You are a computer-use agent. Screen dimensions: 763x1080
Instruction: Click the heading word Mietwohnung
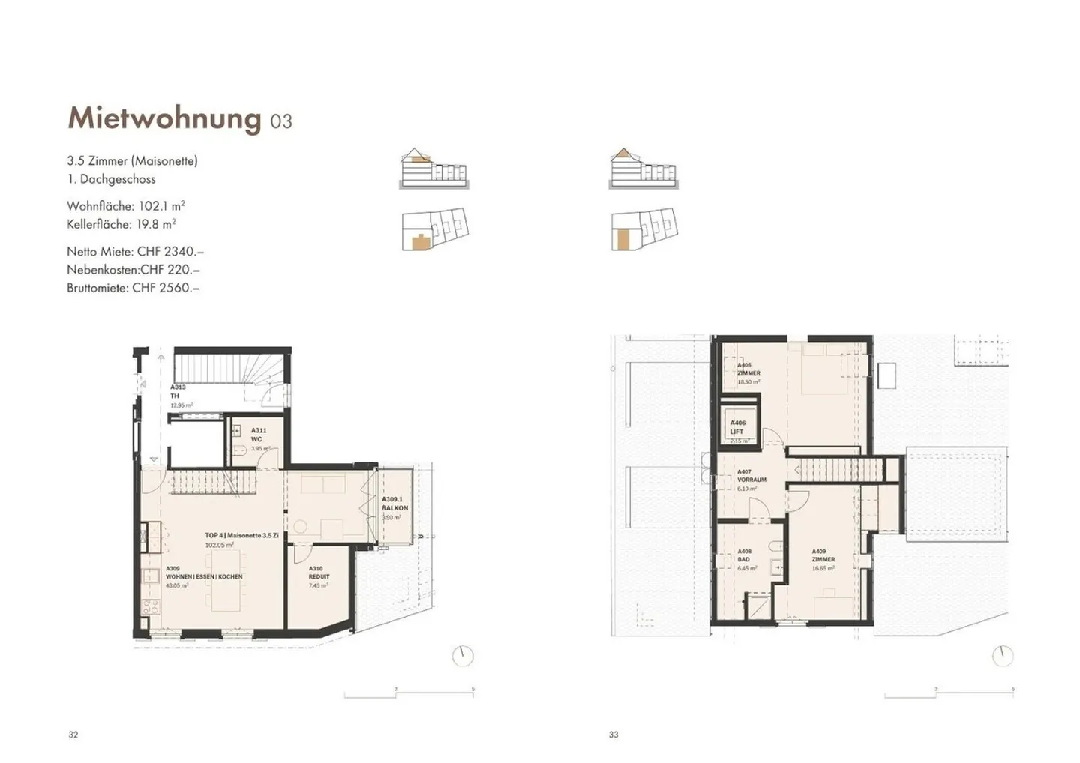(163, 118)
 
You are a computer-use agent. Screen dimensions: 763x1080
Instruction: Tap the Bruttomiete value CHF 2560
(166, 288)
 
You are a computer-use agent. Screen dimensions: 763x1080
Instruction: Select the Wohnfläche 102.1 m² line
(125, 205)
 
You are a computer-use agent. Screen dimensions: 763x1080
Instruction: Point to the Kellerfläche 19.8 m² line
(121, 224)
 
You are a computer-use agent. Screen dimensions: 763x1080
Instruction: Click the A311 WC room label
(256, 435)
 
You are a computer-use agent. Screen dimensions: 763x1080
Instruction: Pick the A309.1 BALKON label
(394, 504)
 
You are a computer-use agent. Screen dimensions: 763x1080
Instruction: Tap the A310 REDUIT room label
(319, 573)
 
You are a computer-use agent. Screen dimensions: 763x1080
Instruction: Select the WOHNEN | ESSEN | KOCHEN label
(204, 577)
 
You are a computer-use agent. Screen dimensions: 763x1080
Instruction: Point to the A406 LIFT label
(738, 427)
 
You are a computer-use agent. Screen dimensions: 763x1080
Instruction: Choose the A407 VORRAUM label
(751, 476)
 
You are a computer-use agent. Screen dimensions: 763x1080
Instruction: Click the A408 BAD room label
(745, 555)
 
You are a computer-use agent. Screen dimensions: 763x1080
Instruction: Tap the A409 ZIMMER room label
(823, 555)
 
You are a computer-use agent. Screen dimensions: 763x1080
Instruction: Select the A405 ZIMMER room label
(748, 369)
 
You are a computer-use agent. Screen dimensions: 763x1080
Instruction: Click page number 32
(73, 735)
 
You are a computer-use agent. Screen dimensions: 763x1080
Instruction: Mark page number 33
(613, 735)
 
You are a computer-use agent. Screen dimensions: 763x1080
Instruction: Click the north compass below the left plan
(463, 656)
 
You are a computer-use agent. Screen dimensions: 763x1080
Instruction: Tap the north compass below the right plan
(1002, 656)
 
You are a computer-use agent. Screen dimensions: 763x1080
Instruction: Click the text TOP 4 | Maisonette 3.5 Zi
(241, 536)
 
